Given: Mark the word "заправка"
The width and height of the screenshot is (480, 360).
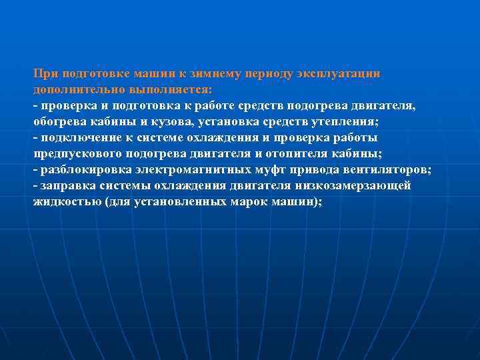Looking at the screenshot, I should pyautogui.click(x=67, y=186).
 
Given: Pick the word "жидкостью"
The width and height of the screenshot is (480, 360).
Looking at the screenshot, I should pyautogui.click(x=67, y=202).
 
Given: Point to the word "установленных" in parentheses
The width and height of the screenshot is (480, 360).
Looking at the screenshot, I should pyautogui.click(x=181, y=202).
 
